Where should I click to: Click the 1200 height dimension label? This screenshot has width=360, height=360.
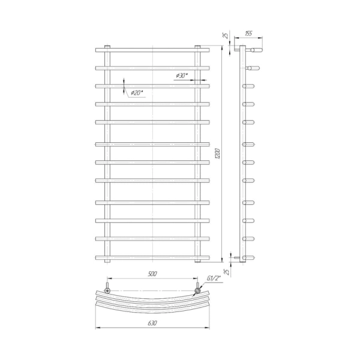218,154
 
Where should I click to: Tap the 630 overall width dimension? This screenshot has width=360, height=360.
152,323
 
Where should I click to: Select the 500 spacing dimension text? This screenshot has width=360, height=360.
152,274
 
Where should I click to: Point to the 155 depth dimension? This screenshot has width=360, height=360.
248,34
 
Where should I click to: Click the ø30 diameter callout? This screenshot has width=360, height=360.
182,76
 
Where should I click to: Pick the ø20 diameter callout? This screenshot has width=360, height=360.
137,93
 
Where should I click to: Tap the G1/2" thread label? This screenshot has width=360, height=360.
214,278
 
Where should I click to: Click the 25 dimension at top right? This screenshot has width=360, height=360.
226,35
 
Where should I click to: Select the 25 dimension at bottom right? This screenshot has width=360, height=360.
226,272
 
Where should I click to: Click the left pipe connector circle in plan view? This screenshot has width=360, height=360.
107,290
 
